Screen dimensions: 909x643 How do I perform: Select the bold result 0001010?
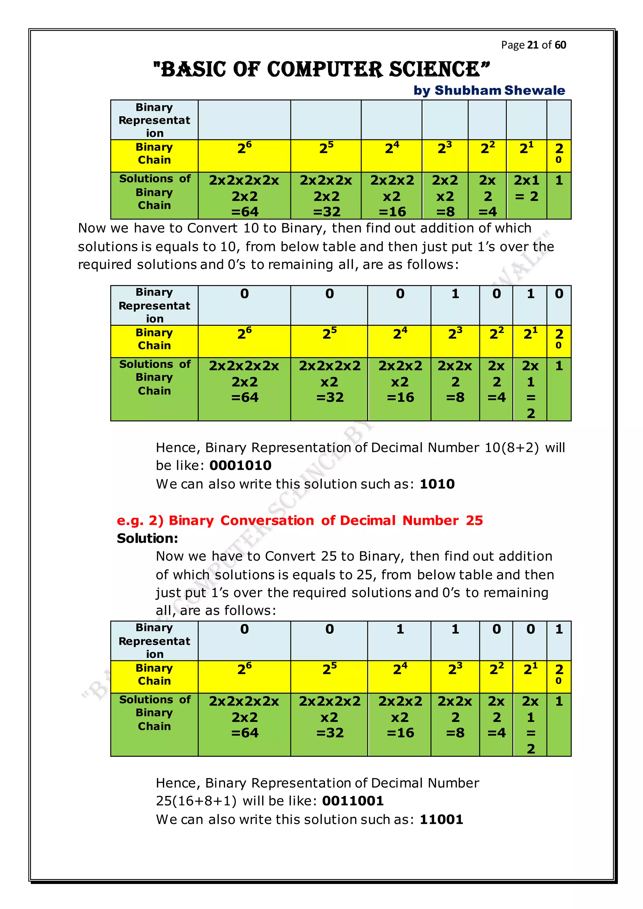click(x=240, y=465)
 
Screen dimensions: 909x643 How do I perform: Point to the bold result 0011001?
click(x=353, y=800)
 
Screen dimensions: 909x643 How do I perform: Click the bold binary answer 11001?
click(x=441, y=819)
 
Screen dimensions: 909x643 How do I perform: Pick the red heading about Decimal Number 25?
click(x=300, y=520)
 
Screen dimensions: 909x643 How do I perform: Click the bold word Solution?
click(x=147, y=538)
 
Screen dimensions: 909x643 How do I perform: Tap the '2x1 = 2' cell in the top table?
click(x=526, y=188)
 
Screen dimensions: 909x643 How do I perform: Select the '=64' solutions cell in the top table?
click(x=244, y=196)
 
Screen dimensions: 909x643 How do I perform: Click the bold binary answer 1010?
click(x=437, y=484)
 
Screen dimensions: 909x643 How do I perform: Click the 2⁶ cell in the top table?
click(x=244, y=148)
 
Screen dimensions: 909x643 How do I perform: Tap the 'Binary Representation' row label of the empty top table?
click(x=154, y=120)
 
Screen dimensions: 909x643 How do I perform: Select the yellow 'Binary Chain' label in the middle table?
click(x=154, y=339)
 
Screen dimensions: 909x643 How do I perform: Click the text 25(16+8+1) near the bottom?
click(x=196, y=800)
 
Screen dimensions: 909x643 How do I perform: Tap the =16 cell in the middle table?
click(x=400, y=382)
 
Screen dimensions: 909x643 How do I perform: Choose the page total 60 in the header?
click(x=560, y=45)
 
